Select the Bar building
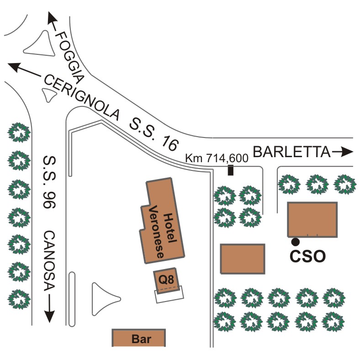139,338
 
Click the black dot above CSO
296,242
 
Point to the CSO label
307,256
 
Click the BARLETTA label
291,152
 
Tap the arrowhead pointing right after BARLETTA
347,152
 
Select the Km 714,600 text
217,158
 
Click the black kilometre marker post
231,170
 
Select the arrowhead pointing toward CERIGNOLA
15,67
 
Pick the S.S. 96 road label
49,182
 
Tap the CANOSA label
49,261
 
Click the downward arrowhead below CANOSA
49,317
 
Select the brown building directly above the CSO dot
312,219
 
